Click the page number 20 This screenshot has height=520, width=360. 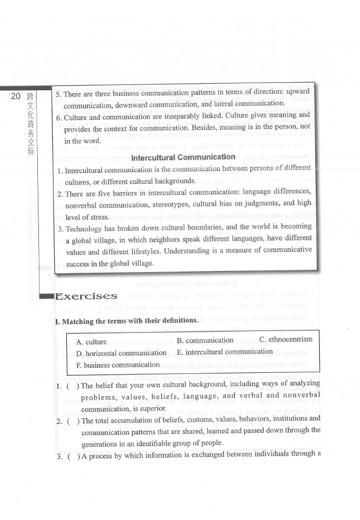click(x=16, y=97)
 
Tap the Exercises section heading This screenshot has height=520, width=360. click(x=87, y=297)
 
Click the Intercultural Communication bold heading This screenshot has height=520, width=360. click(x=183, y=157)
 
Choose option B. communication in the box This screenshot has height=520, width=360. click(x=205, y=340)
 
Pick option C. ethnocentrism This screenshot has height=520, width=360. click(x=286, y=339)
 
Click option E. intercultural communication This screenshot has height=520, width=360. click(x=224, y=351)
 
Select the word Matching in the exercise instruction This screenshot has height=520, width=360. click(x=81, y=320)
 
